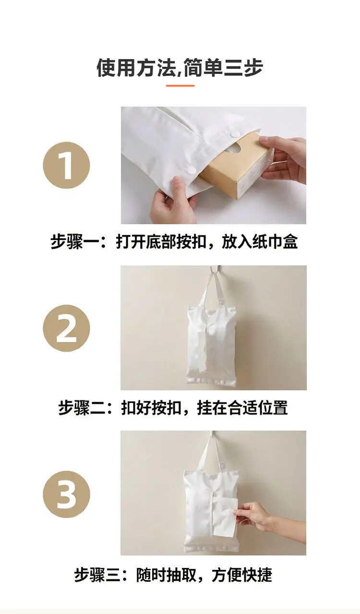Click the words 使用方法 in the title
(136, 68)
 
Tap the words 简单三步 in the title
(223, 68)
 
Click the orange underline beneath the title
(180, 86)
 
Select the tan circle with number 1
(66, 166)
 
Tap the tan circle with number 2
(66, 328)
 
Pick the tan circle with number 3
(66, 494)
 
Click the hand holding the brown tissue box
(282, 162)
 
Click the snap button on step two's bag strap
(221, 302)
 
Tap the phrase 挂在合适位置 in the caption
(242, 408)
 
